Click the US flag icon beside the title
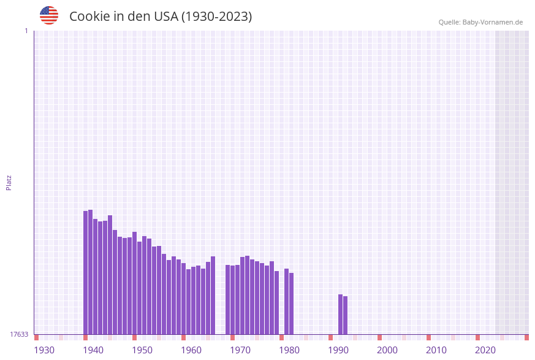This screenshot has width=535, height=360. [49, 15]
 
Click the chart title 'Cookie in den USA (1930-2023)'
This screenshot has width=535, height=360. [161, 17]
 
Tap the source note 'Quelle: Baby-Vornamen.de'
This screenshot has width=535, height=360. [480, 22]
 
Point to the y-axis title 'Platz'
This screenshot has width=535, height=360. [9, 182]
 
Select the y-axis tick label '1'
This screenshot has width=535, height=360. [26, 31]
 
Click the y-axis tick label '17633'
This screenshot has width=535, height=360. [19, 334]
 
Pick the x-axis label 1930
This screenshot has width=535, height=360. [44, 350]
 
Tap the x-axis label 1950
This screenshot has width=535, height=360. [142, 350]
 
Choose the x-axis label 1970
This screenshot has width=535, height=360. [240, 350]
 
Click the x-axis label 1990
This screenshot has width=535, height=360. [338, 350]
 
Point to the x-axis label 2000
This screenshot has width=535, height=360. [387, 350]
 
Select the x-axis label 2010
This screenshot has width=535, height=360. [436, 350]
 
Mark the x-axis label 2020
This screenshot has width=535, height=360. [485, 350]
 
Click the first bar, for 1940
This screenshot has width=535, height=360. [86, 273]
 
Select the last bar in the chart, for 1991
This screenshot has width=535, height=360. [346, 315]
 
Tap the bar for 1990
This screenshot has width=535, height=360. [341, 314]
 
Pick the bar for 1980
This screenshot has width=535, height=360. [292, 304]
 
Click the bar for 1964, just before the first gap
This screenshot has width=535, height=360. [213, 295]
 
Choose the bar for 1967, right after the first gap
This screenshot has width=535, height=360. [228, 299]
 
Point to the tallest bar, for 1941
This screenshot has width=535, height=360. [91, 272]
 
